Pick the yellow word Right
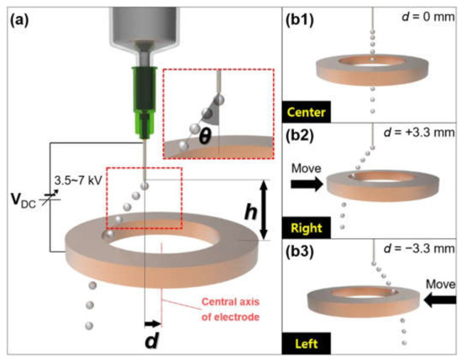305,227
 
